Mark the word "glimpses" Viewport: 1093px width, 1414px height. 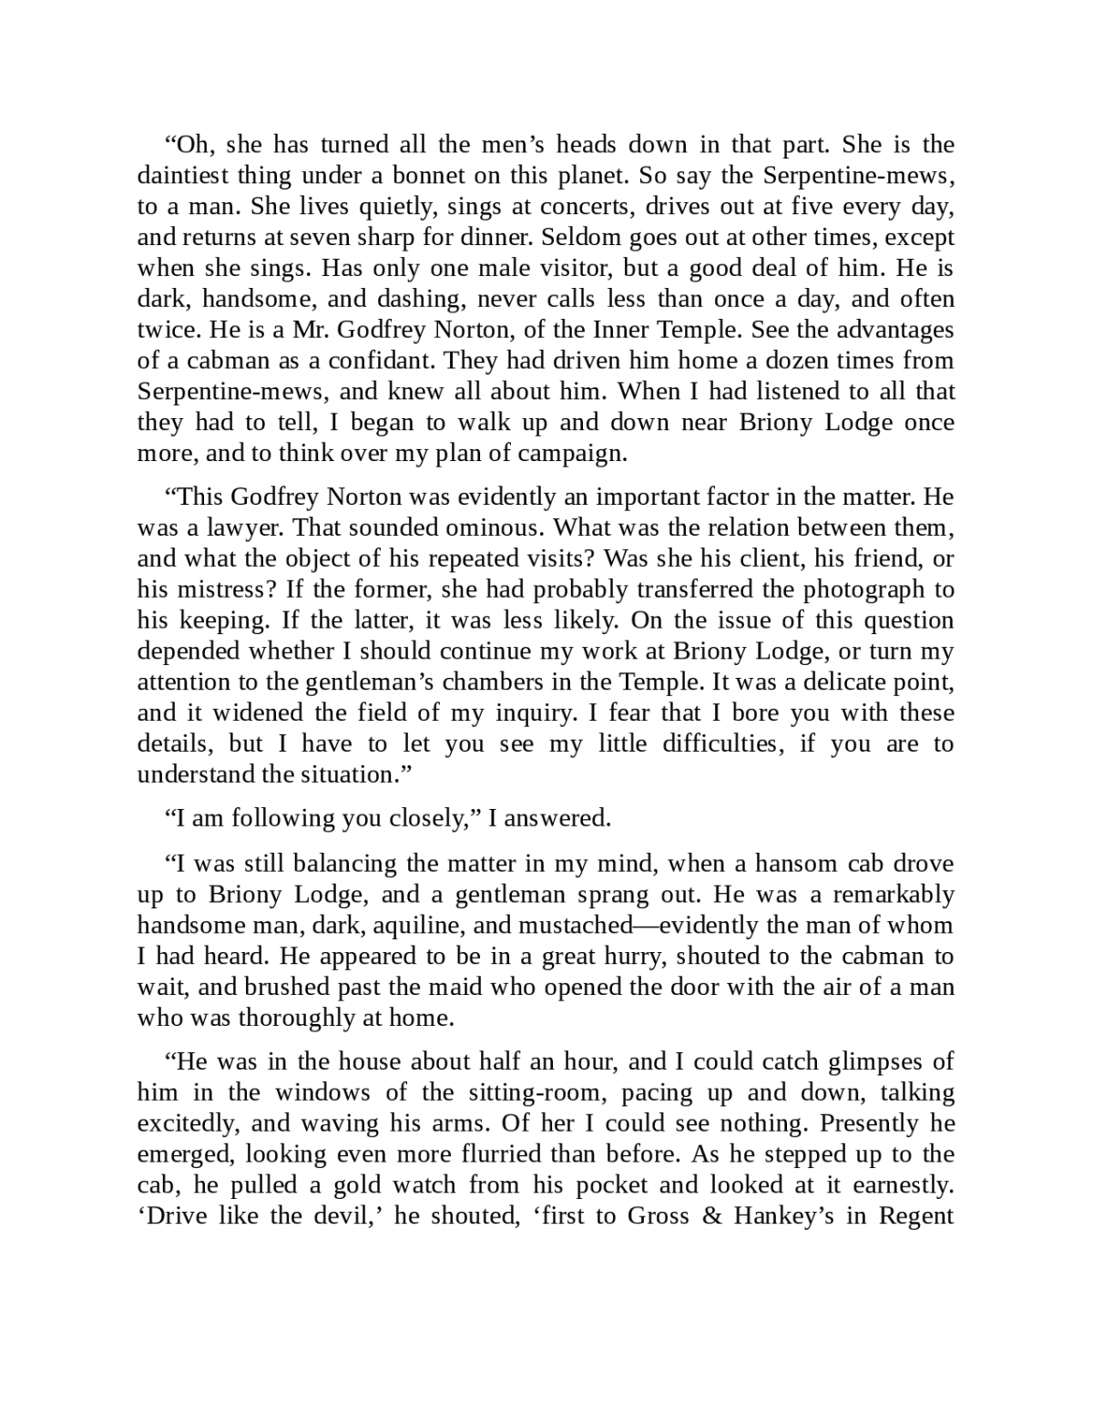point(878,1061)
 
